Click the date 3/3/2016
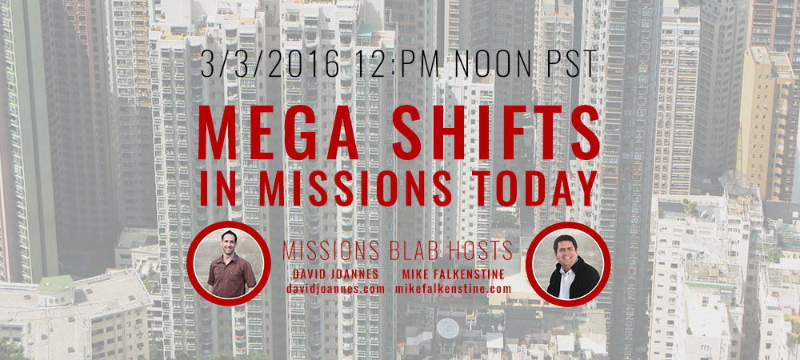coord(270,64)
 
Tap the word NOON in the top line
coord(494,64)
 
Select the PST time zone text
coord(570,64)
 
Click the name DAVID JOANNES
coord(335,274)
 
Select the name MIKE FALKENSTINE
coord(453,274)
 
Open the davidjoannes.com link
coord(335,289)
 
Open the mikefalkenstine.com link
coord(453,289)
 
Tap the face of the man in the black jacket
coord(566,248)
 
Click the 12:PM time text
coord(399,64)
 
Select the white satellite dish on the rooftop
coord(447,328)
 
